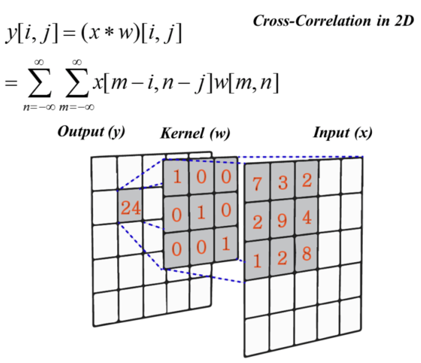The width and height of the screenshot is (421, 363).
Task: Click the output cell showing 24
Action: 131,207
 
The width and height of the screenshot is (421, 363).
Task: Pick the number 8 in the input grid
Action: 307,254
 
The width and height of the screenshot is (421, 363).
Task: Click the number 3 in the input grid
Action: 283,182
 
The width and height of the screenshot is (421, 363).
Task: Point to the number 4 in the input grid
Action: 307,218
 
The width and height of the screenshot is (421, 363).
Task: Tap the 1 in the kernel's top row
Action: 177,177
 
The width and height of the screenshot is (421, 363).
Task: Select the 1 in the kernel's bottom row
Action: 226,244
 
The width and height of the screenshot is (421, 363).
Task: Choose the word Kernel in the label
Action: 182,133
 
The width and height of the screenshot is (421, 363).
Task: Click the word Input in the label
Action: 331,133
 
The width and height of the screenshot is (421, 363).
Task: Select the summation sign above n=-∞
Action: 40,83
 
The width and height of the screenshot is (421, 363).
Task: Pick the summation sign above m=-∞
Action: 77,83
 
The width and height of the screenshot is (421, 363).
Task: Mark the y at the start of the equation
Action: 11,33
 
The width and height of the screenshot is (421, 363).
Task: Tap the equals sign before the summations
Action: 11,83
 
